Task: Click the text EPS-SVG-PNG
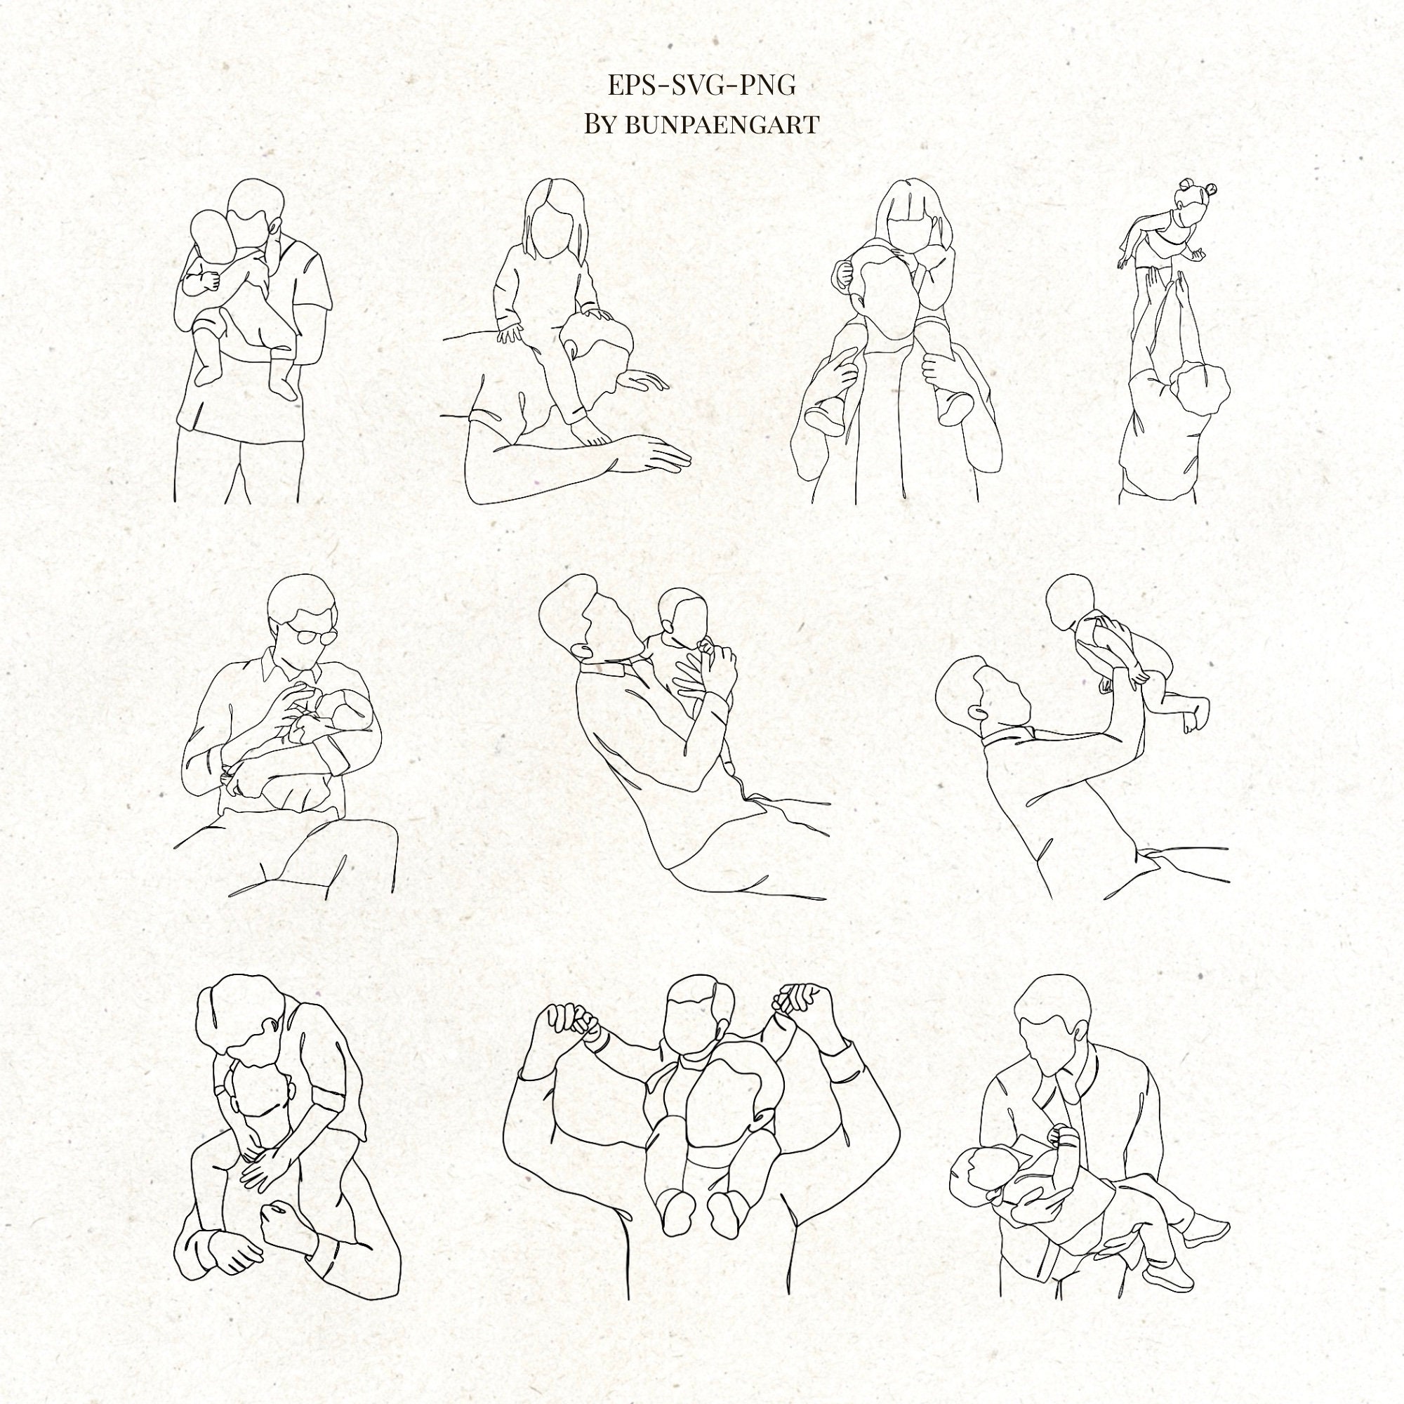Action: (701, 86)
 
